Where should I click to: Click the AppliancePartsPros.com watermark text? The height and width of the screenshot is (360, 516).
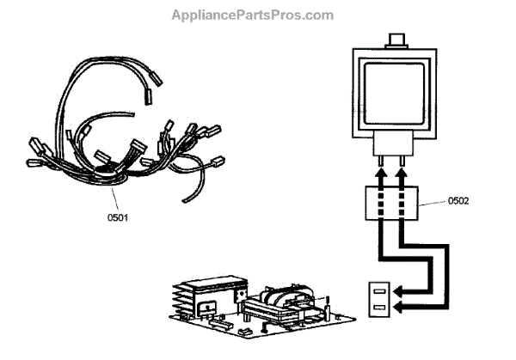point(252,15)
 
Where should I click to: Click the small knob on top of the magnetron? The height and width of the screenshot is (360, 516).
point(396,40)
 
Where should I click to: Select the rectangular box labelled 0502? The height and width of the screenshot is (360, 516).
point(392,205)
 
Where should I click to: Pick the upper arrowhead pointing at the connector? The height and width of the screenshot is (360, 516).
point(400,290)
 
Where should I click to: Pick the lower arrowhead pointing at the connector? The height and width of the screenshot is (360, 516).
point(400,306)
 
